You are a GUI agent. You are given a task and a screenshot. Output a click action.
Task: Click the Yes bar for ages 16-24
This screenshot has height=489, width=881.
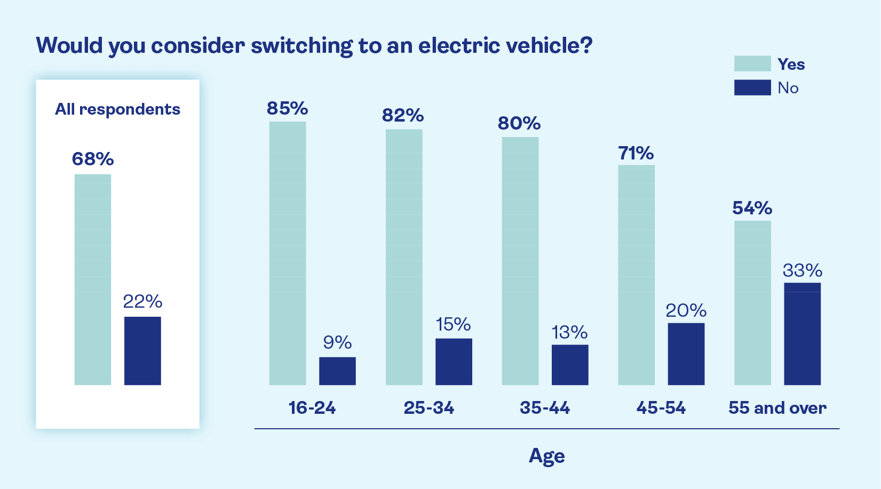(288, 253)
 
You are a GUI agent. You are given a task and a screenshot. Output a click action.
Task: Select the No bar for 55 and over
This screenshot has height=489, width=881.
(802, 334)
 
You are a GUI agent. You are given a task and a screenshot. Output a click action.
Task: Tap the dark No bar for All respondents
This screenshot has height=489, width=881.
(142, 351)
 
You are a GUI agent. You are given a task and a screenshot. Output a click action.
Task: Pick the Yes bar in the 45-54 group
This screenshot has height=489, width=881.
(636, 275)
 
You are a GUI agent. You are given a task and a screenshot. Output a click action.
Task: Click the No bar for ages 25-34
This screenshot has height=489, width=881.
(454, 362)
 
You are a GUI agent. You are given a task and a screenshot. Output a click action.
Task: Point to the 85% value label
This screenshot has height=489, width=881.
(288, 108)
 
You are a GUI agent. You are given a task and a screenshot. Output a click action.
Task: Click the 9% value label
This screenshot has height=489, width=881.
(337, 342)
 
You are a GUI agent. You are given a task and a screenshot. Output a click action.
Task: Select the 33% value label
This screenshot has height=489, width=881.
(802, 270)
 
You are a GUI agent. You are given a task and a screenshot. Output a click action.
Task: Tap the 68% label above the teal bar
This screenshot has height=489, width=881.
(93, 159)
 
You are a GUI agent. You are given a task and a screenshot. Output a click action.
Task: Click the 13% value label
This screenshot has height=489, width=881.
(569, 332)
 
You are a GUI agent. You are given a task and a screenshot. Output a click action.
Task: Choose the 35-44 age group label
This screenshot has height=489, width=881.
(545, 408)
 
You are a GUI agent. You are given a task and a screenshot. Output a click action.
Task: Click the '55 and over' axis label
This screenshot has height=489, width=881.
(777, 408)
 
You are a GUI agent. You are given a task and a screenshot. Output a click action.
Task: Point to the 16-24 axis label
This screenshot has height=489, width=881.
(312, 408)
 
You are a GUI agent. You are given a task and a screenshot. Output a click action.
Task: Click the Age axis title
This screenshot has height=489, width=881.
(546, 456)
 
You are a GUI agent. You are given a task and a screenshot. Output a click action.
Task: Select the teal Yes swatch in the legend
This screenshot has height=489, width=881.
(752, 63)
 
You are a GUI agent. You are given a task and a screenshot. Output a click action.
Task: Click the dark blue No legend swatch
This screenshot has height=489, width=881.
(752, 87)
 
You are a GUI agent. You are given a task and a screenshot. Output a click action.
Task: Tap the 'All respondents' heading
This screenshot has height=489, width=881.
(117, 109)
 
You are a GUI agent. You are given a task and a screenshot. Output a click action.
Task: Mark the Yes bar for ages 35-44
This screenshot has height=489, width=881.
(520, 261)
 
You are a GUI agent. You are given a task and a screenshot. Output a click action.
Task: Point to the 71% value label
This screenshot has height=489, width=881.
(636, 154)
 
